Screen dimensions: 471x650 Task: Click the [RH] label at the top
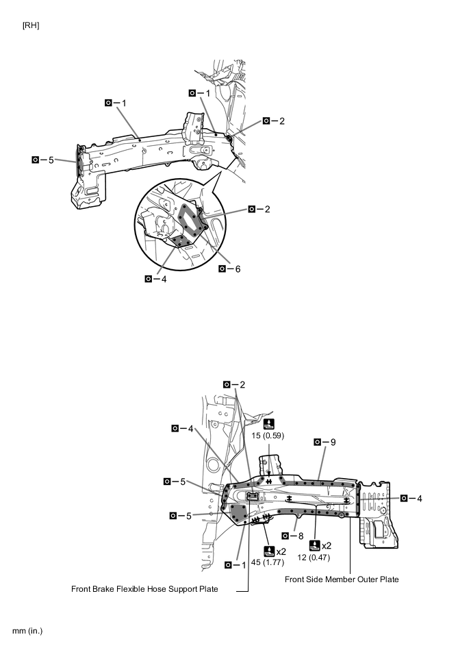[31, 26]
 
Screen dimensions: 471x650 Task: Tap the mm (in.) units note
[27, 631]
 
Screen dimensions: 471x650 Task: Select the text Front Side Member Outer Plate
[342, 579]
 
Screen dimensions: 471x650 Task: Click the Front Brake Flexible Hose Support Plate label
[144, 589]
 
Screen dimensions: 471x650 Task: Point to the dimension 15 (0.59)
[268, 436]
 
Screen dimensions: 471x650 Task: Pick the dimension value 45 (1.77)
[268, 562]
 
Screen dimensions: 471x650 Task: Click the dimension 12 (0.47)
[314, 558]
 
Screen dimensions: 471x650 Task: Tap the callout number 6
[238, 269]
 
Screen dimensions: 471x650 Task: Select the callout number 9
[333, 442]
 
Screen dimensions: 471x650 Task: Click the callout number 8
[301, 536]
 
